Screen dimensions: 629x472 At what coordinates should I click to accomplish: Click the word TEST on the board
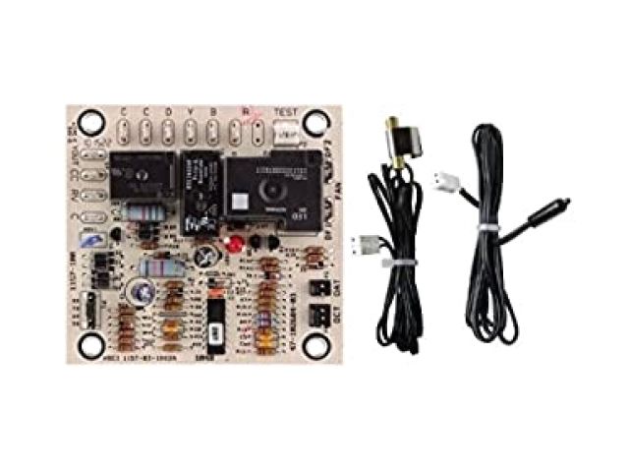286,110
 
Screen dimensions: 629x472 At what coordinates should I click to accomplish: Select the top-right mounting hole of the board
314,122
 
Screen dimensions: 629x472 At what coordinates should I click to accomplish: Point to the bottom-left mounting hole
92,345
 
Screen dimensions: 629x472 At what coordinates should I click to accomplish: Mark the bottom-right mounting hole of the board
314,345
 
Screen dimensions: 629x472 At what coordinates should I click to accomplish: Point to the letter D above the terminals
168,110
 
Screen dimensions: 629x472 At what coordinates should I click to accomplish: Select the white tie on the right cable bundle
485,228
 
